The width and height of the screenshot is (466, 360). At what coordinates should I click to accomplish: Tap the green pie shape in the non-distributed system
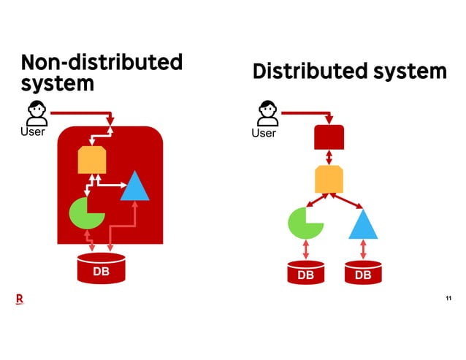[85, 212]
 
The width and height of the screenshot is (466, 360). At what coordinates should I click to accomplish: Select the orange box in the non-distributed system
[93, 159]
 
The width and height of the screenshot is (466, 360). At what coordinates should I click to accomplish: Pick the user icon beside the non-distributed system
[37, 113]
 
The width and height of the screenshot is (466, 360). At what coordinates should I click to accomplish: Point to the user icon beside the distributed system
[267, 113]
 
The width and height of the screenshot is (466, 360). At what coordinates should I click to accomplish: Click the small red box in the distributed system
[329, 137]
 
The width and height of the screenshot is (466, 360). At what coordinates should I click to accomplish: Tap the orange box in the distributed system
[329, 178]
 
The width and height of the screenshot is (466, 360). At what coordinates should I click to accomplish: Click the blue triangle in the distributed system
[364, 226]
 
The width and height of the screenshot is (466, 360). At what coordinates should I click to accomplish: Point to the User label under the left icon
[33, 132]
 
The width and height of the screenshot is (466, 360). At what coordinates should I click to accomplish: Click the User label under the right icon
[264, 133]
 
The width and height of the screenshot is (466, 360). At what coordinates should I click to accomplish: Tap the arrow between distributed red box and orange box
[329, 157]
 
